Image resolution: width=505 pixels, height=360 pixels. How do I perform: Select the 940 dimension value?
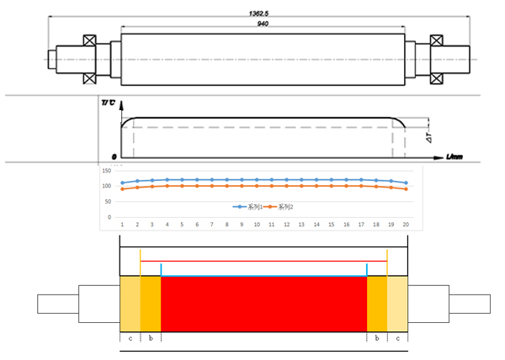(x=263, y=24)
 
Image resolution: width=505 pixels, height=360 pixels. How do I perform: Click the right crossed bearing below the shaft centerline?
(x=436, y=77)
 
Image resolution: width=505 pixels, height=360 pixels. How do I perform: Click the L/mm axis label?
(x=455, y=158)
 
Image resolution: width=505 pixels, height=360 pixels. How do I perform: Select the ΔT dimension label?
(x=428, y=136)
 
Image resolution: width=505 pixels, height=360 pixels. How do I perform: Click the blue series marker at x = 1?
(x=122, y=183)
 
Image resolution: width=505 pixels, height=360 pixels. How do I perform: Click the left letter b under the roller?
(x=150, y=337)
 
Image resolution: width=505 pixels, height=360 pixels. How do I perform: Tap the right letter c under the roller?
(x=397, y=337)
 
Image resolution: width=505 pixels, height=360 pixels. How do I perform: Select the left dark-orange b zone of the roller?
(x=150, y=303)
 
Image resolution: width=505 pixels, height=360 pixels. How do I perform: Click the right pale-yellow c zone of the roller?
(x=397, y=303)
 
